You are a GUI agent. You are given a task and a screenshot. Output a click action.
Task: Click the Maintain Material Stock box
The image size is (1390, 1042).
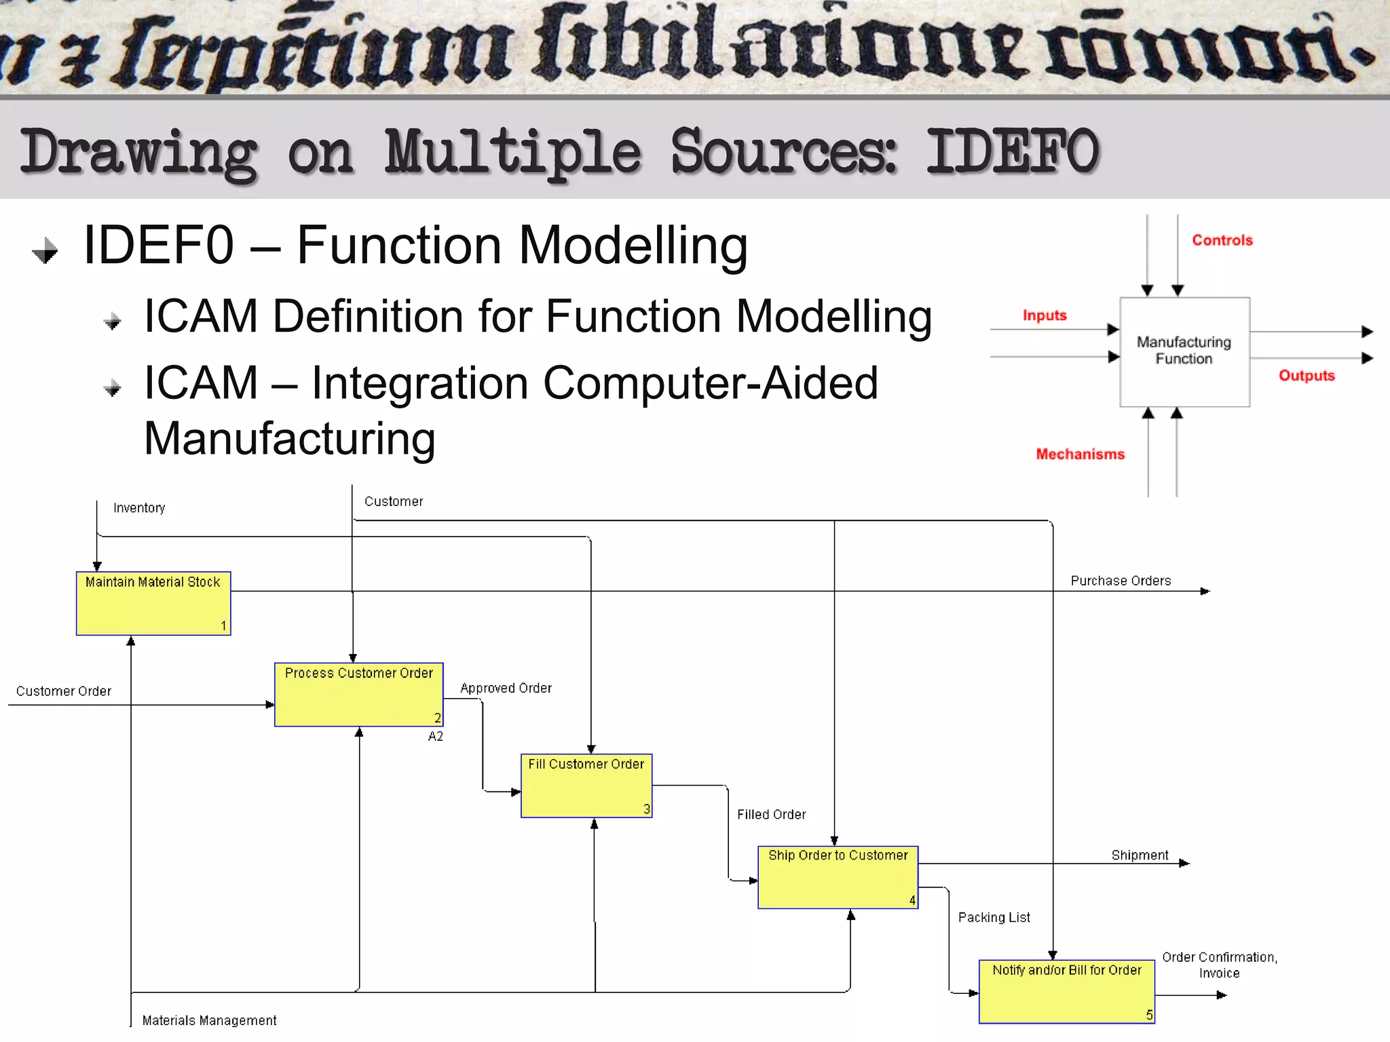tap(153, 603)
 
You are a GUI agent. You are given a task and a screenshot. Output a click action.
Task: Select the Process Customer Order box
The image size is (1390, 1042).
tap(358, 694)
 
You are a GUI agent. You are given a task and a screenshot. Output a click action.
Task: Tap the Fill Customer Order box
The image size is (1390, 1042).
tap(586, 785)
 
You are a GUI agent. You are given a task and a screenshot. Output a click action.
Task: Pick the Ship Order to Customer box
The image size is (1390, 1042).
tap(838, 876)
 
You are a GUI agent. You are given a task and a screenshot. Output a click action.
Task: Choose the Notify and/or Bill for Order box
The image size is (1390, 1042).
tap(1066, 991)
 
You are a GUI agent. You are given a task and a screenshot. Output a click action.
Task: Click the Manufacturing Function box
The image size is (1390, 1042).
tap(1184, 351)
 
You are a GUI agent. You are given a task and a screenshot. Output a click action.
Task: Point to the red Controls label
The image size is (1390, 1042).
tap(1222, 240)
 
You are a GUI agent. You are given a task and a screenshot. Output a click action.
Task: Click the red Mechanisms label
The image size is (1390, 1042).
tap(1080, 454)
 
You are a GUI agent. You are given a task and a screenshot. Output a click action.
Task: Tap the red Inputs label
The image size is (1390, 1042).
tap(1044, 315)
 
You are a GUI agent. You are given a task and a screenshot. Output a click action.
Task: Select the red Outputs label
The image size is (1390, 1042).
tap(1306, 375)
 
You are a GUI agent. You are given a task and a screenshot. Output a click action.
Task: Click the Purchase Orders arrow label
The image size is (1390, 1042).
tap(1121, 581)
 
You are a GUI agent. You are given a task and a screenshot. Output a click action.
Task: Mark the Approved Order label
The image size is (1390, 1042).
tap(506, 688)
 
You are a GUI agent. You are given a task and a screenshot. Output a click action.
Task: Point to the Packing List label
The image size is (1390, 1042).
tap(994, 917)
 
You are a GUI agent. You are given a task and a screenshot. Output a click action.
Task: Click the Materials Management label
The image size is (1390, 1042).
tap(209, 1020)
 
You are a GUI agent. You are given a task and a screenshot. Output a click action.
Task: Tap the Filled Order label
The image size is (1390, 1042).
tap(771, 814)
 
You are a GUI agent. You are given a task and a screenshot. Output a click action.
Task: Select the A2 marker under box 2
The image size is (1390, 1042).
tap(435, 736)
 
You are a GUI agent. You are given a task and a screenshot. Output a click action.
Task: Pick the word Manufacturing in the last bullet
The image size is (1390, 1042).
tap(290, 438)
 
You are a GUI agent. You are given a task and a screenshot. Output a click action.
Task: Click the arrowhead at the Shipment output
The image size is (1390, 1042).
tap(1184, 863)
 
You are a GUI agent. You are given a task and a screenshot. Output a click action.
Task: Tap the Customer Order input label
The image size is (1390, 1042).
tap(64, 691)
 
